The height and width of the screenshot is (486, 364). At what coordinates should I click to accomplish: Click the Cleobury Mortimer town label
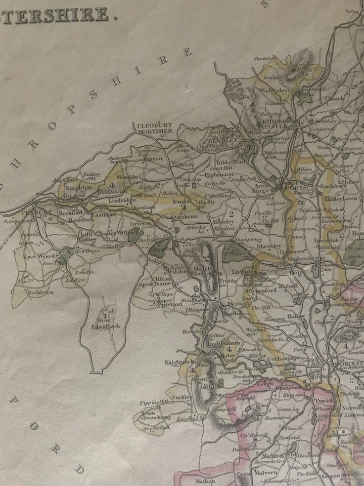click(155, 128)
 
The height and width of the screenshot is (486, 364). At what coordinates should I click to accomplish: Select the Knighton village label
click(78, 187)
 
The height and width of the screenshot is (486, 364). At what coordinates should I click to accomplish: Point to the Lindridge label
click(122, 200)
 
